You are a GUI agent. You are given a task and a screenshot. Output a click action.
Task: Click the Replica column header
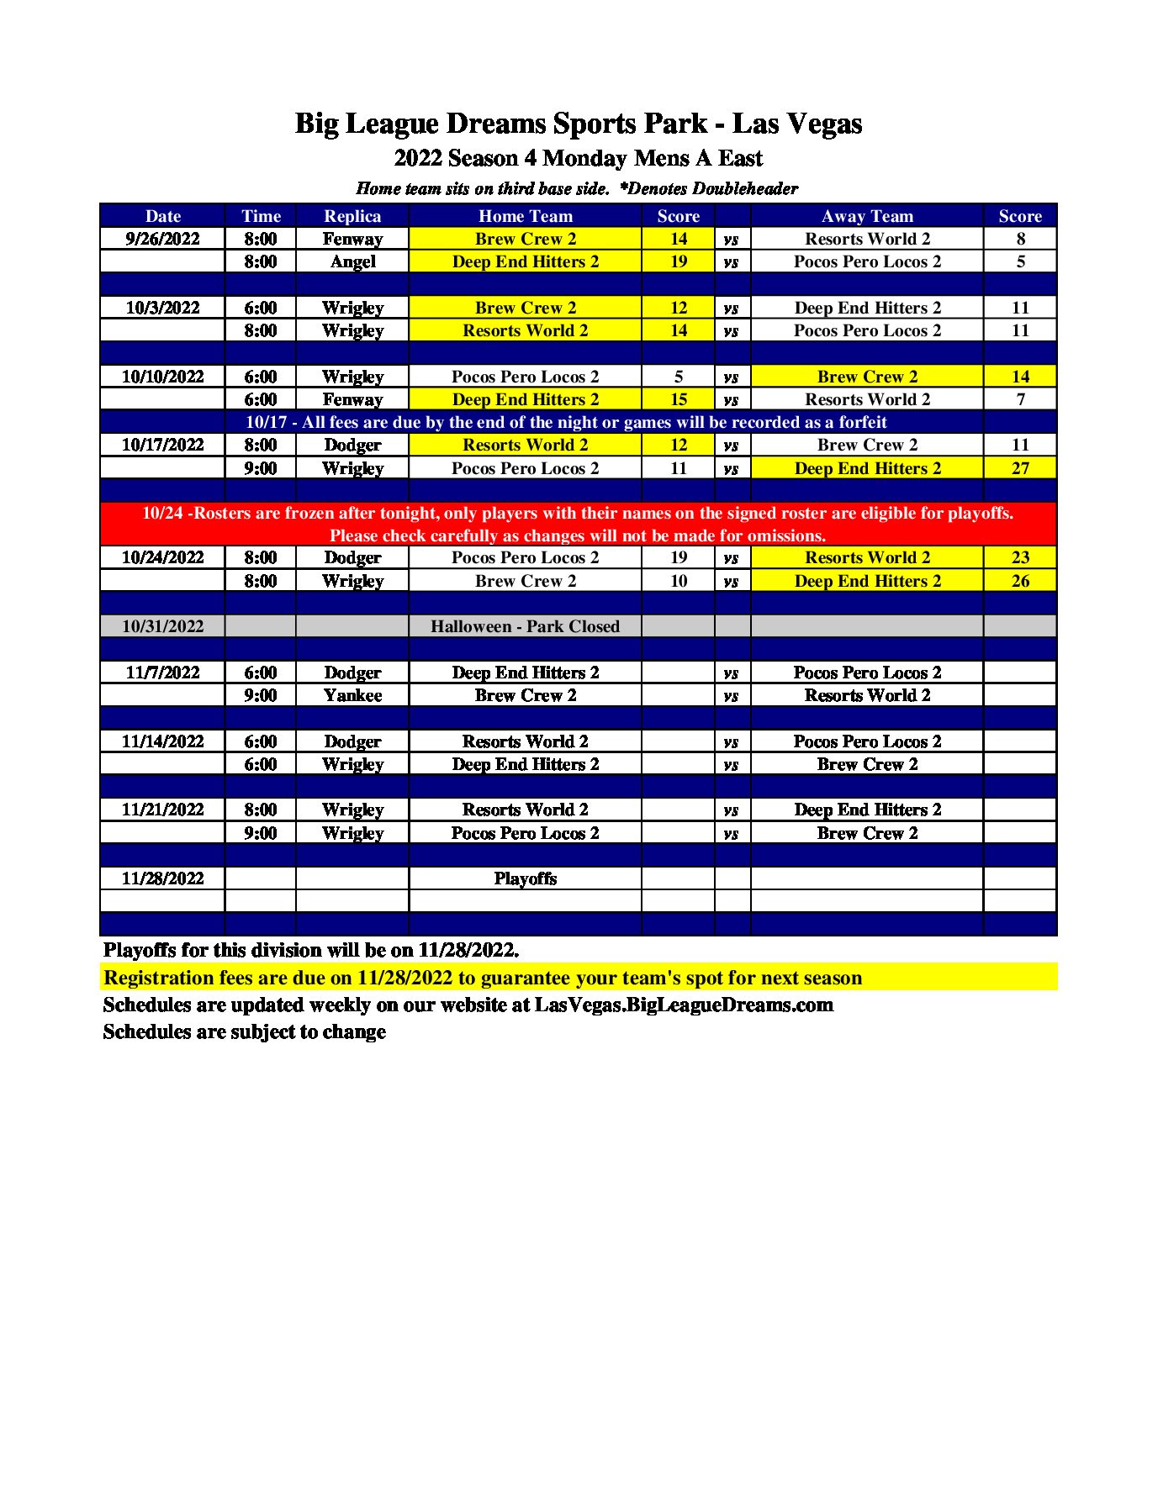click(352, 216)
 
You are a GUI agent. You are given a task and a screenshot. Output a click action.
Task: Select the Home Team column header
click(525, 216)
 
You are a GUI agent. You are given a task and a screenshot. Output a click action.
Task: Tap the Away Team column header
click(867, 216)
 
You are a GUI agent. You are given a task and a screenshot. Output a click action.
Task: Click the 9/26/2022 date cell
click(162, 239)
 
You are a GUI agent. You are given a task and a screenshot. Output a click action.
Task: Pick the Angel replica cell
click(352, 261)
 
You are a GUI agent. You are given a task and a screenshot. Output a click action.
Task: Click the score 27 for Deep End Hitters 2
click(1020, 468)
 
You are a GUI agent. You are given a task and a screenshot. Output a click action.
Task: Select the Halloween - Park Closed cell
click(525, 626)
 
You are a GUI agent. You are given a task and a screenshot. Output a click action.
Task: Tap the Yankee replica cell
click(352, 695)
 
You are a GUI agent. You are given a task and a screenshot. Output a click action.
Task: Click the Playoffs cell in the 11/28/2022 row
click(525, 878)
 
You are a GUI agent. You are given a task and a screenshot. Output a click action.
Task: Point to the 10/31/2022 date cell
click(162, 626)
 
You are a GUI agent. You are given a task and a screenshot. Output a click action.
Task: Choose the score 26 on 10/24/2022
click(1020, 581)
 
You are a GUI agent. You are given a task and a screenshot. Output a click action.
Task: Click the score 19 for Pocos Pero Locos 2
click(679, 557)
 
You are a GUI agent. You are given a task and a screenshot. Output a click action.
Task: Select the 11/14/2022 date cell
click(162, 741)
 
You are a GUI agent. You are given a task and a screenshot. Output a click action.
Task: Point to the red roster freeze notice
click(578, 524)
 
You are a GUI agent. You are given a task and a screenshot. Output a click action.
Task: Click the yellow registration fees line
click(483, 978)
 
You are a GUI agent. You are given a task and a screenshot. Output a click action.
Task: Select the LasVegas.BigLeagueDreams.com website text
click(684, 1005)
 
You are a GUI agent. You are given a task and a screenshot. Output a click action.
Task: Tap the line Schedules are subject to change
click(244, 1031)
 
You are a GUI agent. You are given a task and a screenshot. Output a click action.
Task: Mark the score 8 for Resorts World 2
click(1020, 239)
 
